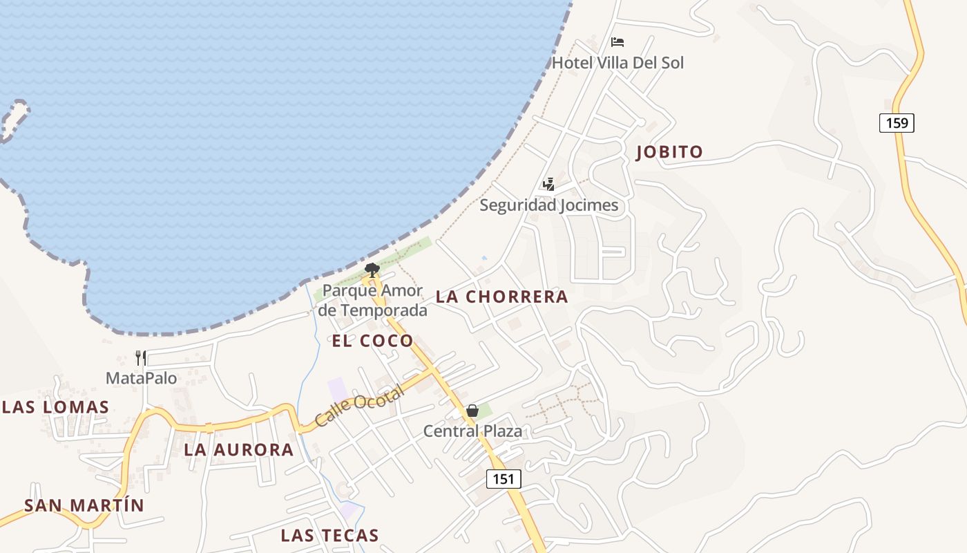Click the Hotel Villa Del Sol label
pos(617,63)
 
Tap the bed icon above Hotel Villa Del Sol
pos(617,42)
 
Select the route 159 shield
pos(897,123)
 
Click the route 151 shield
pos(504,479)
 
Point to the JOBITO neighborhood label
pos(669,152)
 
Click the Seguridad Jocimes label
pos(548,205)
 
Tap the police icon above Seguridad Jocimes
pos(548,184)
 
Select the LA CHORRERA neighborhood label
pos(502,297)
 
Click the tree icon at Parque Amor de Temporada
pos(372,270)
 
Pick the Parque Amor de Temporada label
pos(372,301)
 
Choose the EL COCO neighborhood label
pos(372,340)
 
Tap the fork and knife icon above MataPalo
pos(141,357)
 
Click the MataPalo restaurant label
pos(141,378)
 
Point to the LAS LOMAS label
pos(55,407)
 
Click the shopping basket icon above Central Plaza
pos(472,411)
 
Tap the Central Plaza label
pos(472,431)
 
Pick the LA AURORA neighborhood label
pos(239,449)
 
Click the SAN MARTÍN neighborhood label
pos(84,505)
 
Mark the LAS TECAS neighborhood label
pos(329,535)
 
